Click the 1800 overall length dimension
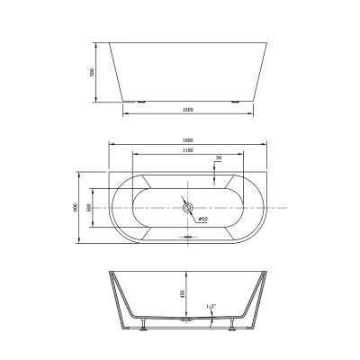[x=187, y=139]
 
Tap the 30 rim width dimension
[x=219, y=158]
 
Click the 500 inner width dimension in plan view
[x=90, y=206]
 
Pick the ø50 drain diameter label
[x=202, y=218]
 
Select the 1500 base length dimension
[x=187, y=110]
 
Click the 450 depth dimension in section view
[x=182, y=293]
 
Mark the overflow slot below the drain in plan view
[x=188, y=238]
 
